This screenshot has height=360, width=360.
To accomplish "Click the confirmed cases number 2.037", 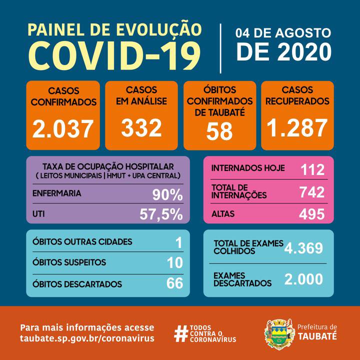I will click(x=63, y=129).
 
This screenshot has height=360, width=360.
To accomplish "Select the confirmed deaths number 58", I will click(x=220, y=131).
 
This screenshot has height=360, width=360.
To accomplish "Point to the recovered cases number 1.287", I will click(x=297, y=127).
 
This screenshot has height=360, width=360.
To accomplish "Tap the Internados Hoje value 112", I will click(x=312, y=170).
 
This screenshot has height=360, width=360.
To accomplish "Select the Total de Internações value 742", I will click(x=312, y=192).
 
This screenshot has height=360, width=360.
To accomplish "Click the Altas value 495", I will click(x=312, y=214).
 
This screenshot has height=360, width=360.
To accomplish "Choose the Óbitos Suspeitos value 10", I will click(x=174, y=262).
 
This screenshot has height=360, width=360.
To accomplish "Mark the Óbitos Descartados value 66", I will click(x=174, y=284).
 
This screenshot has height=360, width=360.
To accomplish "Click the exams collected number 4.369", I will click(x=304, y=248).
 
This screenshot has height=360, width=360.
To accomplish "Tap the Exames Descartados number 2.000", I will click(x=304, y=279).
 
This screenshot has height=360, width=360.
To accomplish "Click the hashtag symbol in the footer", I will click(x=180, y=334).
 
